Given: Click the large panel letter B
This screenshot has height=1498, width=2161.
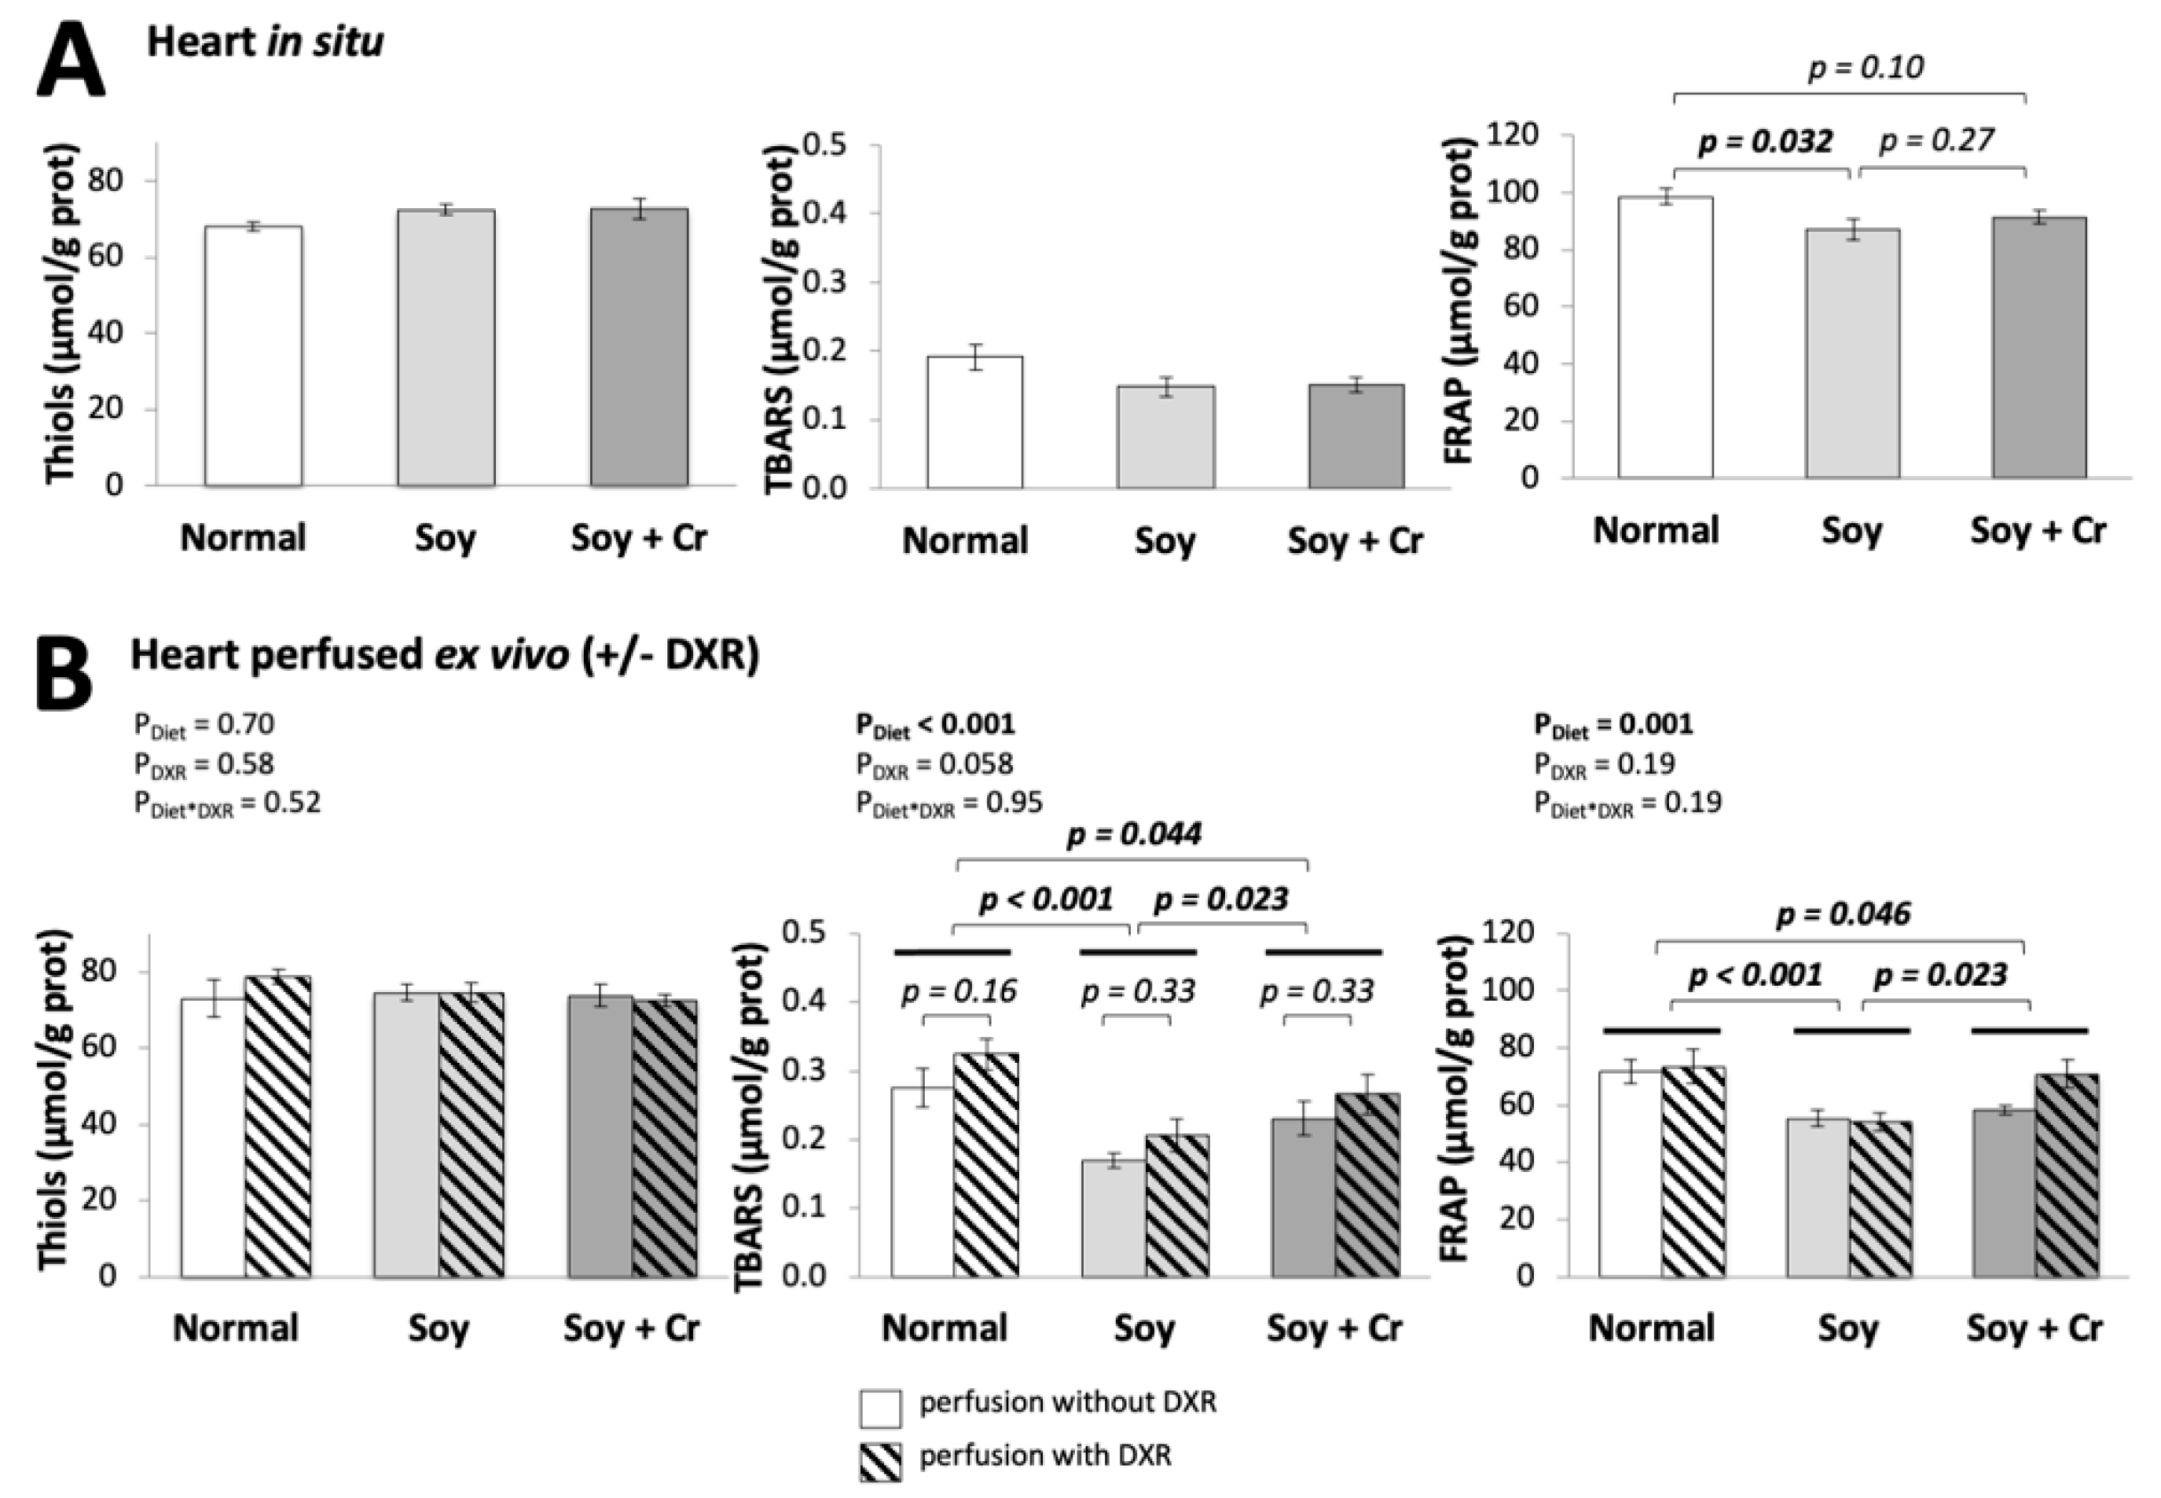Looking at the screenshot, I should tap(64, 674).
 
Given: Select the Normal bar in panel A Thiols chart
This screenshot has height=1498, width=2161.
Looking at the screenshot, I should tap(254, 357).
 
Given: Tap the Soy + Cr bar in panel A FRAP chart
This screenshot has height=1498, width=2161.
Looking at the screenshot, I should tap(2039, 347).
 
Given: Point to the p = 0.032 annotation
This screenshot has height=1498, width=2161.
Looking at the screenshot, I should tap(1765, 141).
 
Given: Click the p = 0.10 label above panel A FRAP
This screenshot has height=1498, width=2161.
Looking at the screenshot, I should tap(1866, 68).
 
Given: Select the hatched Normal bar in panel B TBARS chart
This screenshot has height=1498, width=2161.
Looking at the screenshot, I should tap(985, 1165).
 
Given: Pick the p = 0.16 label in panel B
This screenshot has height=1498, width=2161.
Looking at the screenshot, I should tap(959, 991).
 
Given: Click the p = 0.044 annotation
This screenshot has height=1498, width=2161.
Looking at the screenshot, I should tap(1134, 833).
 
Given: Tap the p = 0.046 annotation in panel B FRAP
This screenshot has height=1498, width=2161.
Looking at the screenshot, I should tap(1843, 914).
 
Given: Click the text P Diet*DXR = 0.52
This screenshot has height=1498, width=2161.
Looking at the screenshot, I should tap(227, 804).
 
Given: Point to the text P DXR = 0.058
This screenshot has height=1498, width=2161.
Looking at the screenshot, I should tap(935, 765).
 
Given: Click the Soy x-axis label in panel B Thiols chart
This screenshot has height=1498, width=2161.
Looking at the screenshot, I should tap(438, 1329).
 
